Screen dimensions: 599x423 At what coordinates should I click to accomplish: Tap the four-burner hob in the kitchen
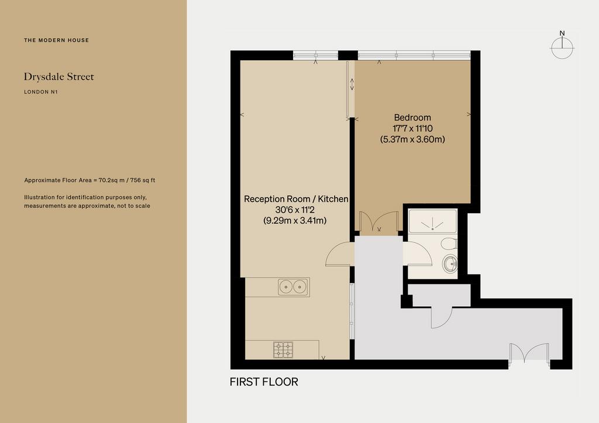tap(283, 350)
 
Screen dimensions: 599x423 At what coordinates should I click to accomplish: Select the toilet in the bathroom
tap(449, 244)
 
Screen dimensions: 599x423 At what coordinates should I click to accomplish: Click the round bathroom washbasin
tap(450, 263)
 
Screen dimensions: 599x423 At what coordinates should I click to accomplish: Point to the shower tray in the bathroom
tap(432, 221)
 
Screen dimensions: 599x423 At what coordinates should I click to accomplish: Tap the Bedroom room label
tap(412, 117)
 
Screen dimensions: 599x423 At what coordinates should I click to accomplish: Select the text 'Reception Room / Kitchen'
tap(296, 199)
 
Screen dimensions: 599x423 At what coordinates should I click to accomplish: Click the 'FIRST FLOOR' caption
tap(264, 382)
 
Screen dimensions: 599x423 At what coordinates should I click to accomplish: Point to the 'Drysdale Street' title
tap(59, 77)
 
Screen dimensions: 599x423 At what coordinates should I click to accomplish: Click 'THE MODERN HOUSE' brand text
tap(57, 40)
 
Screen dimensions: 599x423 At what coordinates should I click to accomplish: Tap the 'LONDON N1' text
tap(41, 92)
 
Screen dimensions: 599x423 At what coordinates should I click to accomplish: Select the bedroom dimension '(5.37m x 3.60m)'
tap(412, 139)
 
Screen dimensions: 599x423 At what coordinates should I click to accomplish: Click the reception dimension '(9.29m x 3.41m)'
tap(295, 220)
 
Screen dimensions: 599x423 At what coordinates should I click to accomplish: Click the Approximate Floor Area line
tap(89, 180)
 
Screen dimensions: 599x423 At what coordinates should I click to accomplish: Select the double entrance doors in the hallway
tap(529, 353)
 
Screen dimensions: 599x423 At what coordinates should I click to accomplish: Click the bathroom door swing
tap(418, 254)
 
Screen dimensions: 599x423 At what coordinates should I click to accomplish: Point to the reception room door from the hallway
tap(340, 254)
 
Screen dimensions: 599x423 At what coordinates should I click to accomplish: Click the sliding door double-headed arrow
tap(352, 84)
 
